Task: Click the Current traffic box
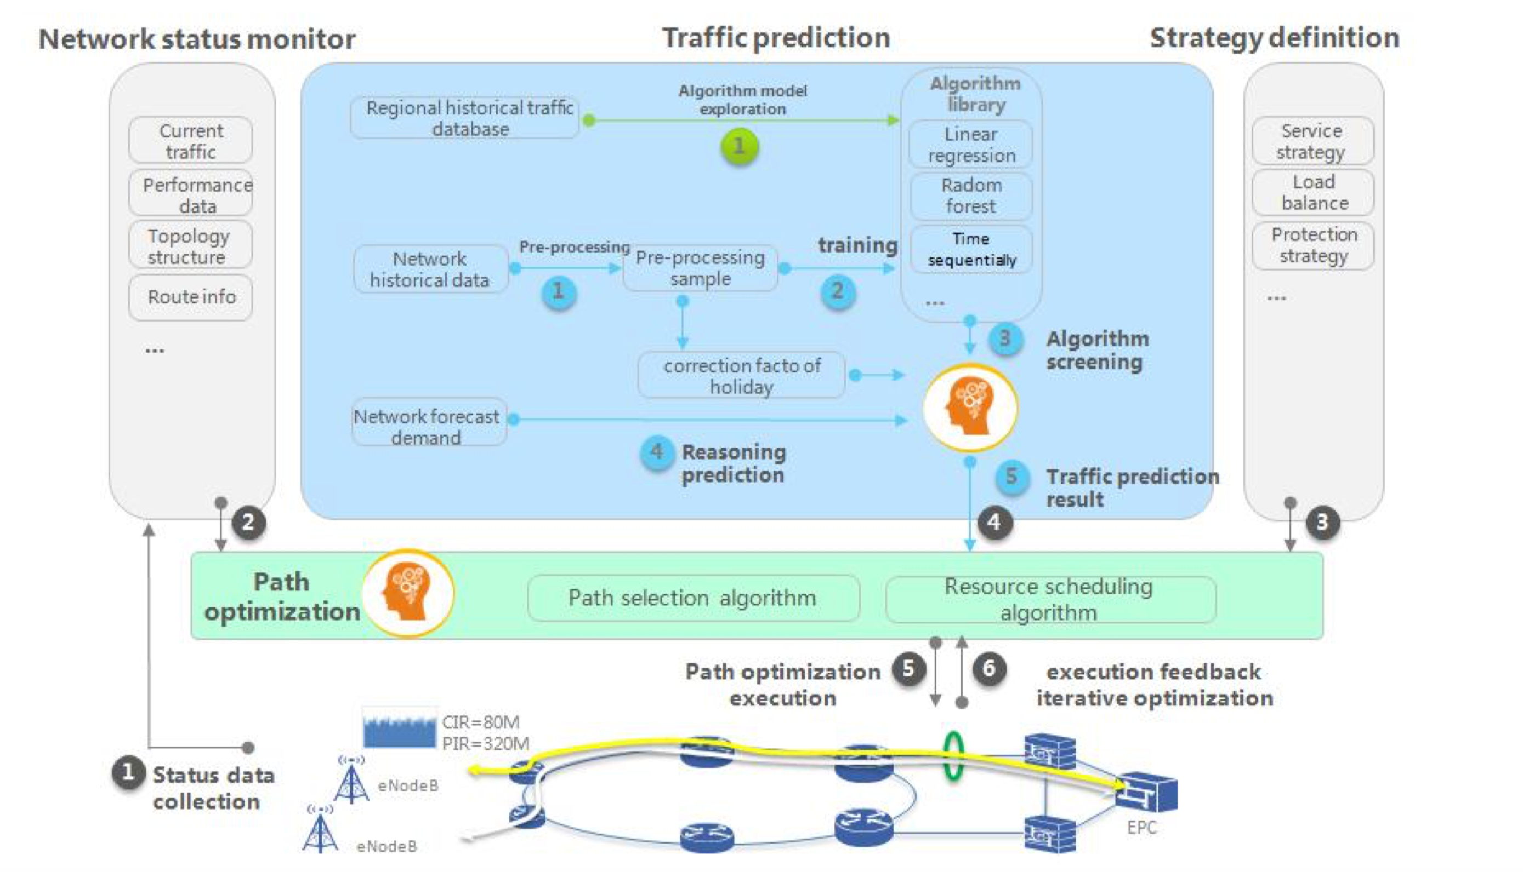(x=190, y=140)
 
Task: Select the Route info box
(x=190, y=297)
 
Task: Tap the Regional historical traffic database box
(x=465, y=118)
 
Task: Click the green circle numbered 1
(x=739, y=146)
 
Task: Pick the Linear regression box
(x=970, y=145)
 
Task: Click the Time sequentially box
(x=970, y=249)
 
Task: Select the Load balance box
(x=1312, y=192)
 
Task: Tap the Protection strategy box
(x=1312, y=245)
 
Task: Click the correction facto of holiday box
(x=741, y=376)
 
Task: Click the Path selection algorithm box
(x=693, y=598)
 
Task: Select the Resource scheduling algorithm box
(x=1050, y=599)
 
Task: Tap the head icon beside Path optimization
(x=408, y=593)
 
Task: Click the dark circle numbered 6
(x=989, y=668)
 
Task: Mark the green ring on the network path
(x=953, y=756)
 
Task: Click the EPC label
(x=1141, y=828)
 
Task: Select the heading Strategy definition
(x=1274, y=38)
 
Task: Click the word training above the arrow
(x=857, y=245)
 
